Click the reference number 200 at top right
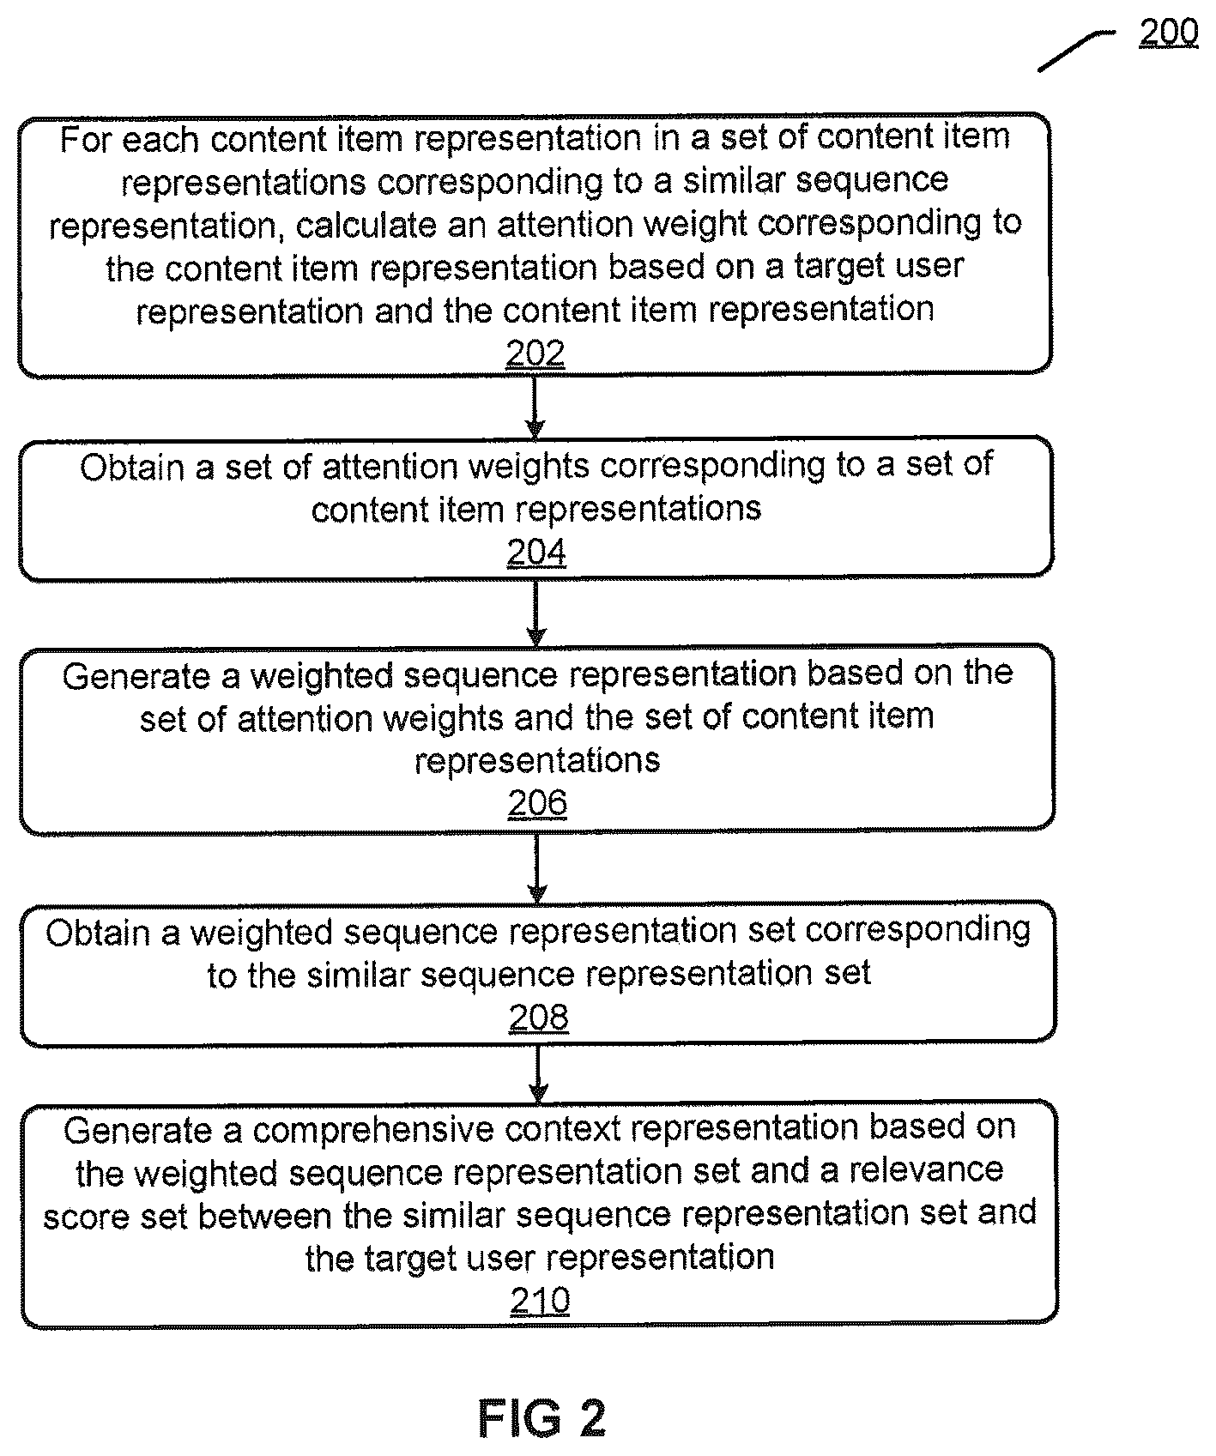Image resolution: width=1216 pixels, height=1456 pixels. point(1168,33)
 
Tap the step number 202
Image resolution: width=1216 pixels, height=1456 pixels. point(535,353)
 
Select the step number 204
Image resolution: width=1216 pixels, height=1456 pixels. point(536,553)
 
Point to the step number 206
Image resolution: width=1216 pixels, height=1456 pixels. point(537,803)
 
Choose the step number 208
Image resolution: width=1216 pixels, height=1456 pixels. point(538,1018)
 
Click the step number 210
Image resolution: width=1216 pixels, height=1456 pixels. point(540,1302)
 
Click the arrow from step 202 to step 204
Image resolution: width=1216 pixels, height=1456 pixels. point(535,407)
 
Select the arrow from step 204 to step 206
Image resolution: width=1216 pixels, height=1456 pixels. point(536,613)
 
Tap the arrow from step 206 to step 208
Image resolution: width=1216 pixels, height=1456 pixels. point(537,867)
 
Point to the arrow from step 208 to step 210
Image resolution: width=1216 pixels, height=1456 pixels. point(538,1072)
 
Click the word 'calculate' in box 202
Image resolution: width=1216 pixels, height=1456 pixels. point(363,225)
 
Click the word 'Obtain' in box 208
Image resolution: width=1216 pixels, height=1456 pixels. point(100,933)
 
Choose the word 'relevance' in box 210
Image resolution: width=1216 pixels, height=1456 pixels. point(927,1170)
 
